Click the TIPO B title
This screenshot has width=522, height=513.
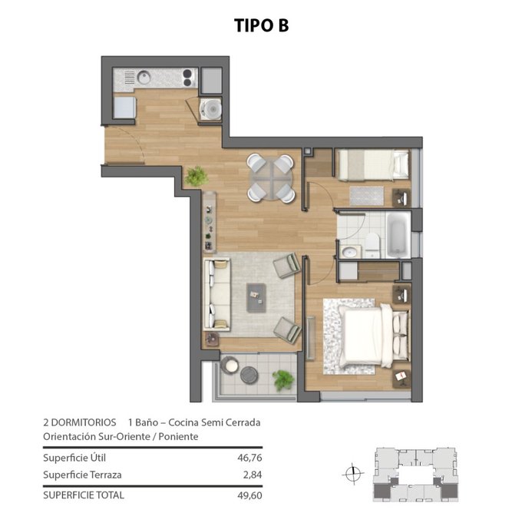click(261, 25)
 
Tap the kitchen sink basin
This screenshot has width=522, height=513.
click(144, 78)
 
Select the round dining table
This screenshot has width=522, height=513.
click(271, 178)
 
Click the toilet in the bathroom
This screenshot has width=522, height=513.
click(372, 245)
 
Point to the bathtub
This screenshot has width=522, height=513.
click(398, 234)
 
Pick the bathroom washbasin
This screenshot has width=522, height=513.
click(350, 252)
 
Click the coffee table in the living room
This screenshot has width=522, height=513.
click(256, 297)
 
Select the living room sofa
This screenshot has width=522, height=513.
click(217, 294)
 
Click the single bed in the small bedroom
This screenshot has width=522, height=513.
click(373, 164)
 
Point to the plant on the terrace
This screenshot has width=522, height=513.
click(283, 380)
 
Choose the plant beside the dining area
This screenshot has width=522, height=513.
click(197, 176)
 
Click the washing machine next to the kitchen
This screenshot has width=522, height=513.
click(210, 108)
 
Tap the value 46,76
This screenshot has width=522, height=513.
click(249, 458)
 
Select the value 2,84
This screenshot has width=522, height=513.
click(253, 475)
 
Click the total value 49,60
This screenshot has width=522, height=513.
click(249, 495)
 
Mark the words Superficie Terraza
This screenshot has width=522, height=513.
click(82, 475)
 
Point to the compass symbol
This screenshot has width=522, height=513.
click(353, 473)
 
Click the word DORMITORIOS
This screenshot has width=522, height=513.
click(84, 422)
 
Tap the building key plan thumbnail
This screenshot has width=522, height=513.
click(416, 474)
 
